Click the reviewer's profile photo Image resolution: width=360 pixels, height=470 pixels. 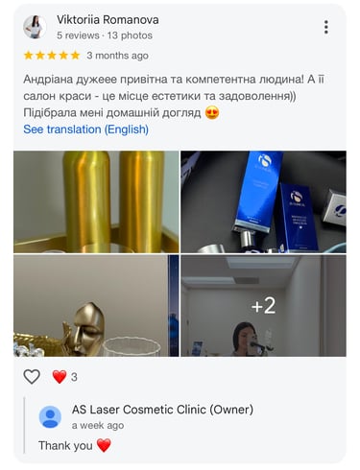[35, 27]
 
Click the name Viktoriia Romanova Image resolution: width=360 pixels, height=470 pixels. [108, 20]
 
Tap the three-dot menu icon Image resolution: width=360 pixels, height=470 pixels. [326, 27]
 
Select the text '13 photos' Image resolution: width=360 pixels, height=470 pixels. [130, 35]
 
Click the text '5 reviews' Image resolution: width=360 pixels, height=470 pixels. [78, 35]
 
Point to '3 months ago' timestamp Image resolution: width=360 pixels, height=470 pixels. [117, 56]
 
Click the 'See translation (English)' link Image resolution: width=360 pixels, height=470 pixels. [85, 129]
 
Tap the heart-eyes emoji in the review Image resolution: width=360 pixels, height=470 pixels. [212, 113]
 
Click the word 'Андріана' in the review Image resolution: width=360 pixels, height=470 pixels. [48, 80]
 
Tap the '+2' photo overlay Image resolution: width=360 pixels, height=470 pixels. [263, 306]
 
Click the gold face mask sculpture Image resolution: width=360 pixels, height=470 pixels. [87, 328]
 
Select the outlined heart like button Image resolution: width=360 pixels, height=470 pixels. [32, 377]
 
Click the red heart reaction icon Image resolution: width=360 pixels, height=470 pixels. [60, 377]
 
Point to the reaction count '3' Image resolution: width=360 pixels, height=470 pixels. [74, 377]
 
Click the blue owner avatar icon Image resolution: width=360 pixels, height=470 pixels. [50, 417]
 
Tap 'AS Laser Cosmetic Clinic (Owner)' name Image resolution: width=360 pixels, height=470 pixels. [162, 410]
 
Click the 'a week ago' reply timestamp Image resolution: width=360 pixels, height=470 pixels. [98, 426]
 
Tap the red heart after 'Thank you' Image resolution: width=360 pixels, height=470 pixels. [104, 445]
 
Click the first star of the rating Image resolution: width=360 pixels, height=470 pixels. [29, 56]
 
